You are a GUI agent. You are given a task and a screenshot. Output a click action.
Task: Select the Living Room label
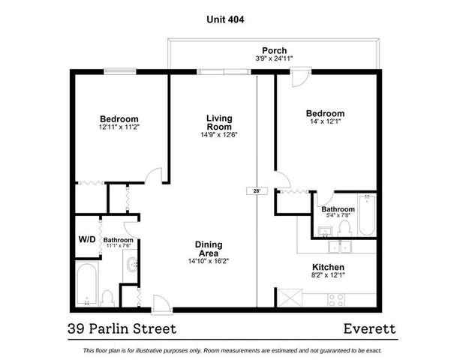(219, 123)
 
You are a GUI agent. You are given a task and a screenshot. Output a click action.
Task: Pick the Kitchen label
(328, 267)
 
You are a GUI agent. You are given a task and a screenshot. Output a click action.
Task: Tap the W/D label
(87, 240)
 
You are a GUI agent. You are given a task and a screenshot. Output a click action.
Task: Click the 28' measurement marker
(257, 191)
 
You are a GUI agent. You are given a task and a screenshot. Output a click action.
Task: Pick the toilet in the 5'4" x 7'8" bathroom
(343, 223)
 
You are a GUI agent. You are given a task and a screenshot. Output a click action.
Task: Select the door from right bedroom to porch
(299, 76)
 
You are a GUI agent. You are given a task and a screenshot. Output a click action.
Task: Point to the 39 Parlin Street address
(122, 328)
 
